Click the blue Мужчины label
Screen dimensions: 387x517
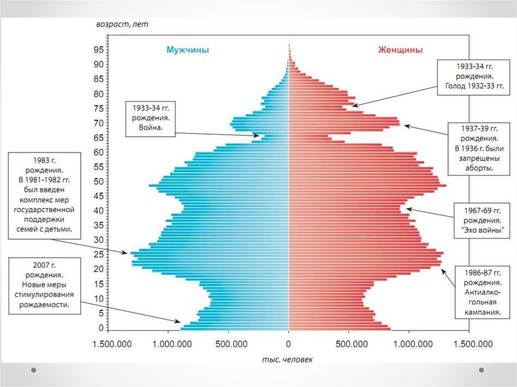[187, 50]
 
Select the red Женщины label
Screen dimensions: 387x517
[400, 50]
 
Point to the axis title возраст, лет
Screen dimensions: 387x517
[122, 24]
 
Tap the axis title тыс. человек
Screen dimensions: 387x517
[287, 359]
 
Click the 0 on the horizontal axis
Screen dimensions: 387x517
[288, 345]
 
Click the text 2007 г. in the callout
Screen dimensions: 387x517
[45, 265]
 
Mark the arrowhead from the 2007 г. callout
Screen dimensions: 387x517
[178, 321]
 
